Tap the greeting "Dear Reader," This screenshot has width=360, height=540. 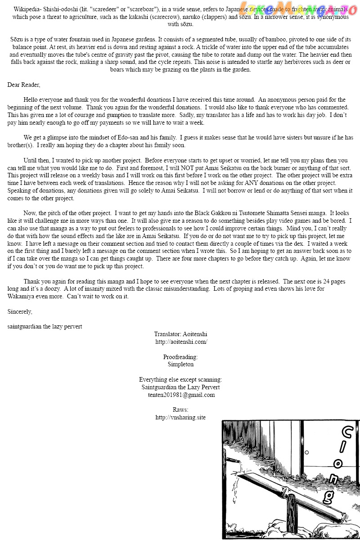tap(24, 85)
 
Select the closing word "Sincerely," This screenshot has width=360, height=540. tap(20, 311)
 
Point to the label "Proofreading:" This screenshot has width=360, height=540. tap(180, 357)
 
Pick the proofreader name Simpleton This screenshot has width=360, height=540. tap(180, 364)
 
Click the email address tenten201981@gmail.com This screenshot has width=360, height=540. tap(181, 395)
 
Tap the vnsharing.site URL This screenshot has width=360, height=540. tap(180, 418)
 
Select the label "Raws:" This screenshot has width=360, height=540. tap(180, 410)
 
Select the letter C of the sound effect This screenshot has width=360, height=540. tap(347, 433)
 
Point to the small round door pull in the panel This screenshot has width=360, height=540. tap(306, 452)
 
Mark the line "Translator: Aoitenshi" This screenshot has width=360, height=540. tap(180, 334)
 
